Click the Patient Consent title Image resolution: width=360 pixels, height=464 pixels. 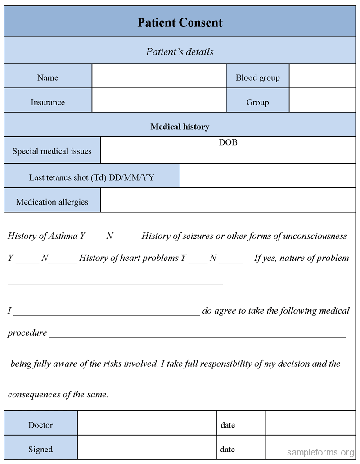(x=180, y=23)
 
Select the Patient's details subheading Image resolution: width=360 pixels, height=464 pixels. (x=180, y=52)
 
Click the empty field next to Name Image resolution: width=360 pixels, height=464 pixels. (x=159, y=76)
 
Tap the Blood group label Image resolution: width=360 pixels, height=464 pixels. (x=257, y=78)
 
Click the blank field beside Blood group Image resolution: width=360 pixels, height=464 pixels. (x=322, y=76)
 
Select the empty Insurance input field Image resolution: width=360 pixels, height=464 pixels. (x=159, y=100)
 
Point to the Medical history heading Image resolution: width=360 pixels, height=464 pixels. (x=180, y=127)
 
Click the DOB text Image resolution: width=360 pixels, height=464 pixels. (x=228, y=142)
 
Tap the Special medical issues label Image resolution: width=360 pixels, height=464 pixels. (x=52, y=151)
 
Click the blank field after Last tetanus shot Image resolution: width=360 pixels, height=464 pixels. (x=268, y=176)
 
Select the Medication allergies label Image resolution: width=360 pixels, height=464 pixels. (x=52, y=202)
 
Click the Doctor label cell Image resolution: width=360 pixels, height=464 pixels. (x=41, y=425)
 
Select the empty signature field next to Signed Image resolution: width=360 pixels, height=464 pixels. (x=147, y=448)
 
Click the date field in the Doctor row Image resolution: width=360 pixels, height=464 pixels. (x=310, y=423)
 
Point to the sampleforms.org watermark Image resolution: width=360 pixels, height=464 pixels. (x=320, y=452)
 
